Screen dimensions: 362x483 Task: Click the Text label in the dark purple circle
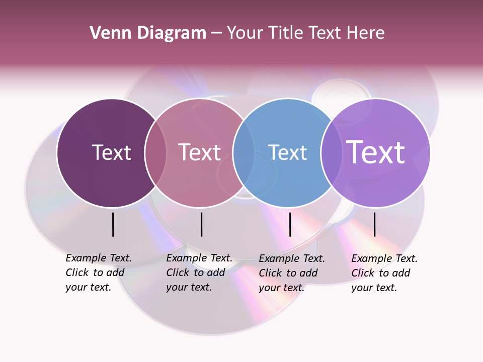pos(111,152)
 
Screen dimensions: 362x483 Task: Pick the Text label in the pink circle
pos(200,152)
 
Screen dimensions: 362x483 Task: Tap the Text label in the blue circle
pos(287,152)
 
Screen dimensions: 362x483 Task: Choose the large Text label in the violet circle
pos(376,152)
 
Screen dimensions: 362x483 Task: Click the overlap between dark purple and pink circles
pos(155,153)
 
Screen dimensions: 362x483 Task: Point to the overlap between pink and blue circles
pos(244,153)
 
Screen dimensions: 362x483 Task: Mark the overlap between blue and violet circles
pos(332,153)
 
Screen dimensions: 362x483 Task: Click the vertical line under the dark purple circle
pos(113,224)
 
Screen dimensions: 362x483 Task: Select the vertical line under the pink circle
pos(201,224)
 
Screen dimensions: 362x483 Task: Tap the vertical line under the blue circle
pos(290,224)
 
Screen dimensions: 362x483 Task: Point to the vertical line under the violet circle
pos(374,224)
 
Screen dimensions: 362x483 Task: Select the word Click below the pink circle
pos(178,273)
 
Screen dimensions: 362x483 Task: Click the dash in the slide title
pos(216,33)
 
